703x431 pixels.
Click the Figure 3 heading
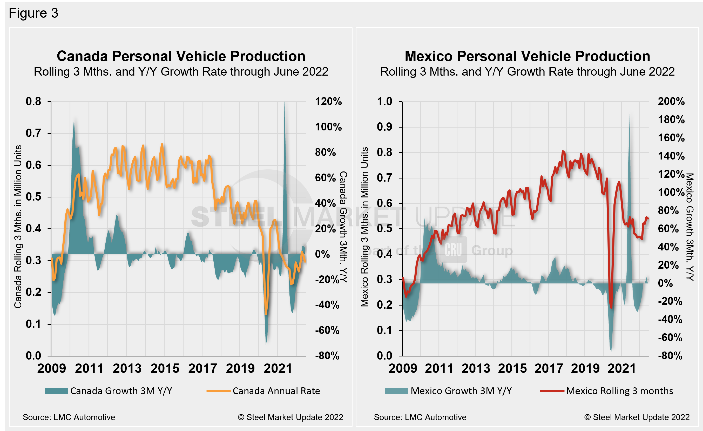[33, 13]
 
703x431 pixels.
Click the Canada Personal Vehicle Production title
[181, 56]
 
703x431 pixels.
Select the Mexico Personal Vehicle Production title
[527, 56]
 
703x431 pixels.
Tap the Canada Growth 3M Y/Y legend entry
[109, 391]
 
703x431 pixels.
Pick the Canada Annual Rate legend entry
[263, 391]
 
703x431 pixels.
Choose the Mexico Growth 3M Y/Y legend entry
[449, 391]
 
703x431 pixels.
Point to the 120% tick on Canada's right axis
[328, 102]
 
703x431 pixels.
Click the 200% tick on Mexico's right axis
[671, 102]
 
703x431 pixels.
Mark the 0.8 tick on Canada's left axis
[33, 102]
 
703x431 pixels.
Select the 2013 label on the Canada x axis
[127, 368]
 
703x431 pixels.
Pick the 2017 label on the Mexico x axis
[549, 368]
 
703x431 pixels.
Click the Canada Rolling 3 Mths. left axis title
[18, 227]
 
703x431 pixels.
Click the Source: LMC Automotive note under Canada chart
[69, 417]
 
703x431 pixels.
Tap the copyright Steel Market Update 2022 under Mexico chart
[637, 417]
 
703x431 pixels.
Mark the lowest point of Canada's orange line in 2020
[266, 314]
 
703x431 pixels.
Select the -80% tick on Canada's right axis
[327, 356]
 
